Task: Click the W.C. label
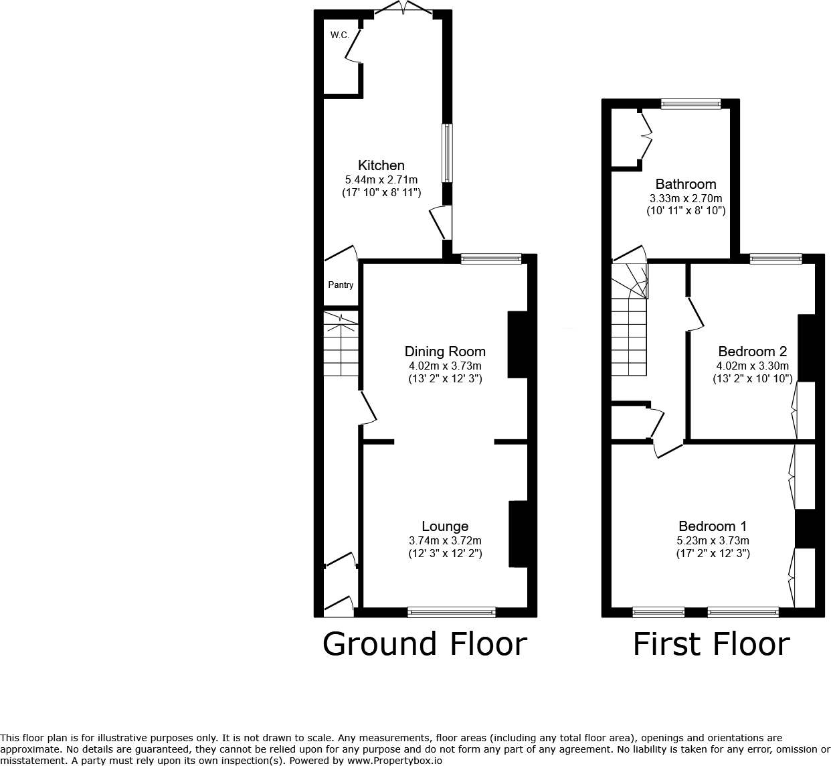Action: click(339, 35)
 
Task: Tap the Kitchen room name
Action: click(381, 165)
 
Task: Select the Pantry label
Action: click(341, 285)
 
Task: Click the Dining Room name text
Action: click(445, 352)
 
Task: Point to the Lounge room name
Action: click(445, 526)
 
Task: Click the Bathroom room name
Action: click(686, 184)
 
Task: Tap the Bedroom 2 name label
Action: click(752, 352)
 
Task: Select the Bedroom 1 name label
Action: click(713, 526)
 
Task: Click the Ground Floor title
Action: click(425, 644)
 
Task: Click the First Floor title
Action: click(711, 644)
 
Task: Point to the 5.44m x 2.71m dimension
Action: click(381, 179)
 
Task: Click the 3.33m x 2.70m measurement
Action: click(686, 198)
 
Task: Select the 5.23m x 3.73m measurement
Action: click(713, 540)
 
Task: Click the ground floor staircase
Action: click(341, 343)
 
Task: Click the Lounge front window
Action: click(452, 611)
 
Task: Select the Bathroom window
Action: click(691, 104)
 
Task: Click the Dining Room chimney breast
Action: click(518, 344)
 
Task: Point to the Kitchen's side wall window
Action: click(447, 153)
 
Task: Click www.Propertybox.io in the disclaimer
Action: click(395, 761)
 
